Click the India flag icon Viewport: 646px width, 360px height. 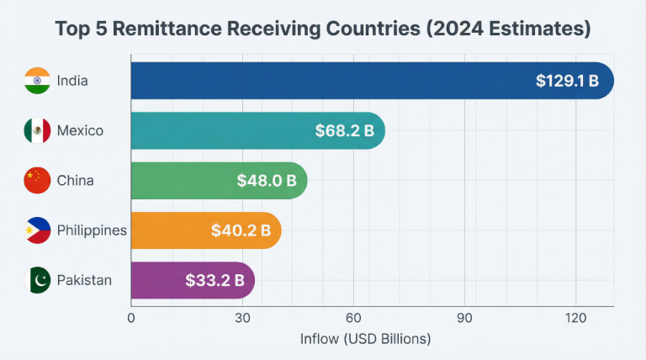pos(38,81)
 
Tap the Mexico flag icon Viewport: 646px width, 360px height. pos(38,130)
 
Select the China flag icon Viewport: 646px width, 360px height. pos(38,180)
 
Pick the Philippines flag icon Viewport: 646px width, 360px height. pos(38,230)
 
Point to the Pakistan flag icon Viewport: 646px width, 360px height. pos(38,279)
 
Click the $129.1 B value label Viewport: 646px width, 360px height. pos(567,81)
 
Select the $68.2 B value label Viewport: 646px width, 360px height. pos(345,130)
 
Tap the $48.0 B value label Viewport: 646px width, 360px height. pos(267,180)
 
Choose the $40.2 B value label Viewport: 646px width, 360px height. pos(241,230)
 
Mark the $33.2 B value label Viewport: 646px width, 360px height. pos(214,279)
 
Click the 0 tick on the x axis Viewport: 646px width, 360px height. pos(131,318)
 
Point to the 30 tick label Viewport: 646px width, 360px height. pos(242,318)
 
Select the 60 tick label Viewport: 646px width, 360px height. pos(354,318)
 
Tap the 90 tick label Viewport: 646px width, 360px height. pos(465,318)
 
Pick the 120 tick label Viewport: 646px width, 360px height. pos(576,318)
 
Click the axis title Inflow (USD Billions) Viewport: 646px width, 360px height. pos(365,339)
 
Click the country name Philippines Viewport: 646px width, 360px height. pos(92,230)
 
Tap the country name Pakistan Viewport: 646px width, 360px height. pos(84,279)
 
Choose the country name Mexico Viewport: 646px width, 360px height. pos(80,130)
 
